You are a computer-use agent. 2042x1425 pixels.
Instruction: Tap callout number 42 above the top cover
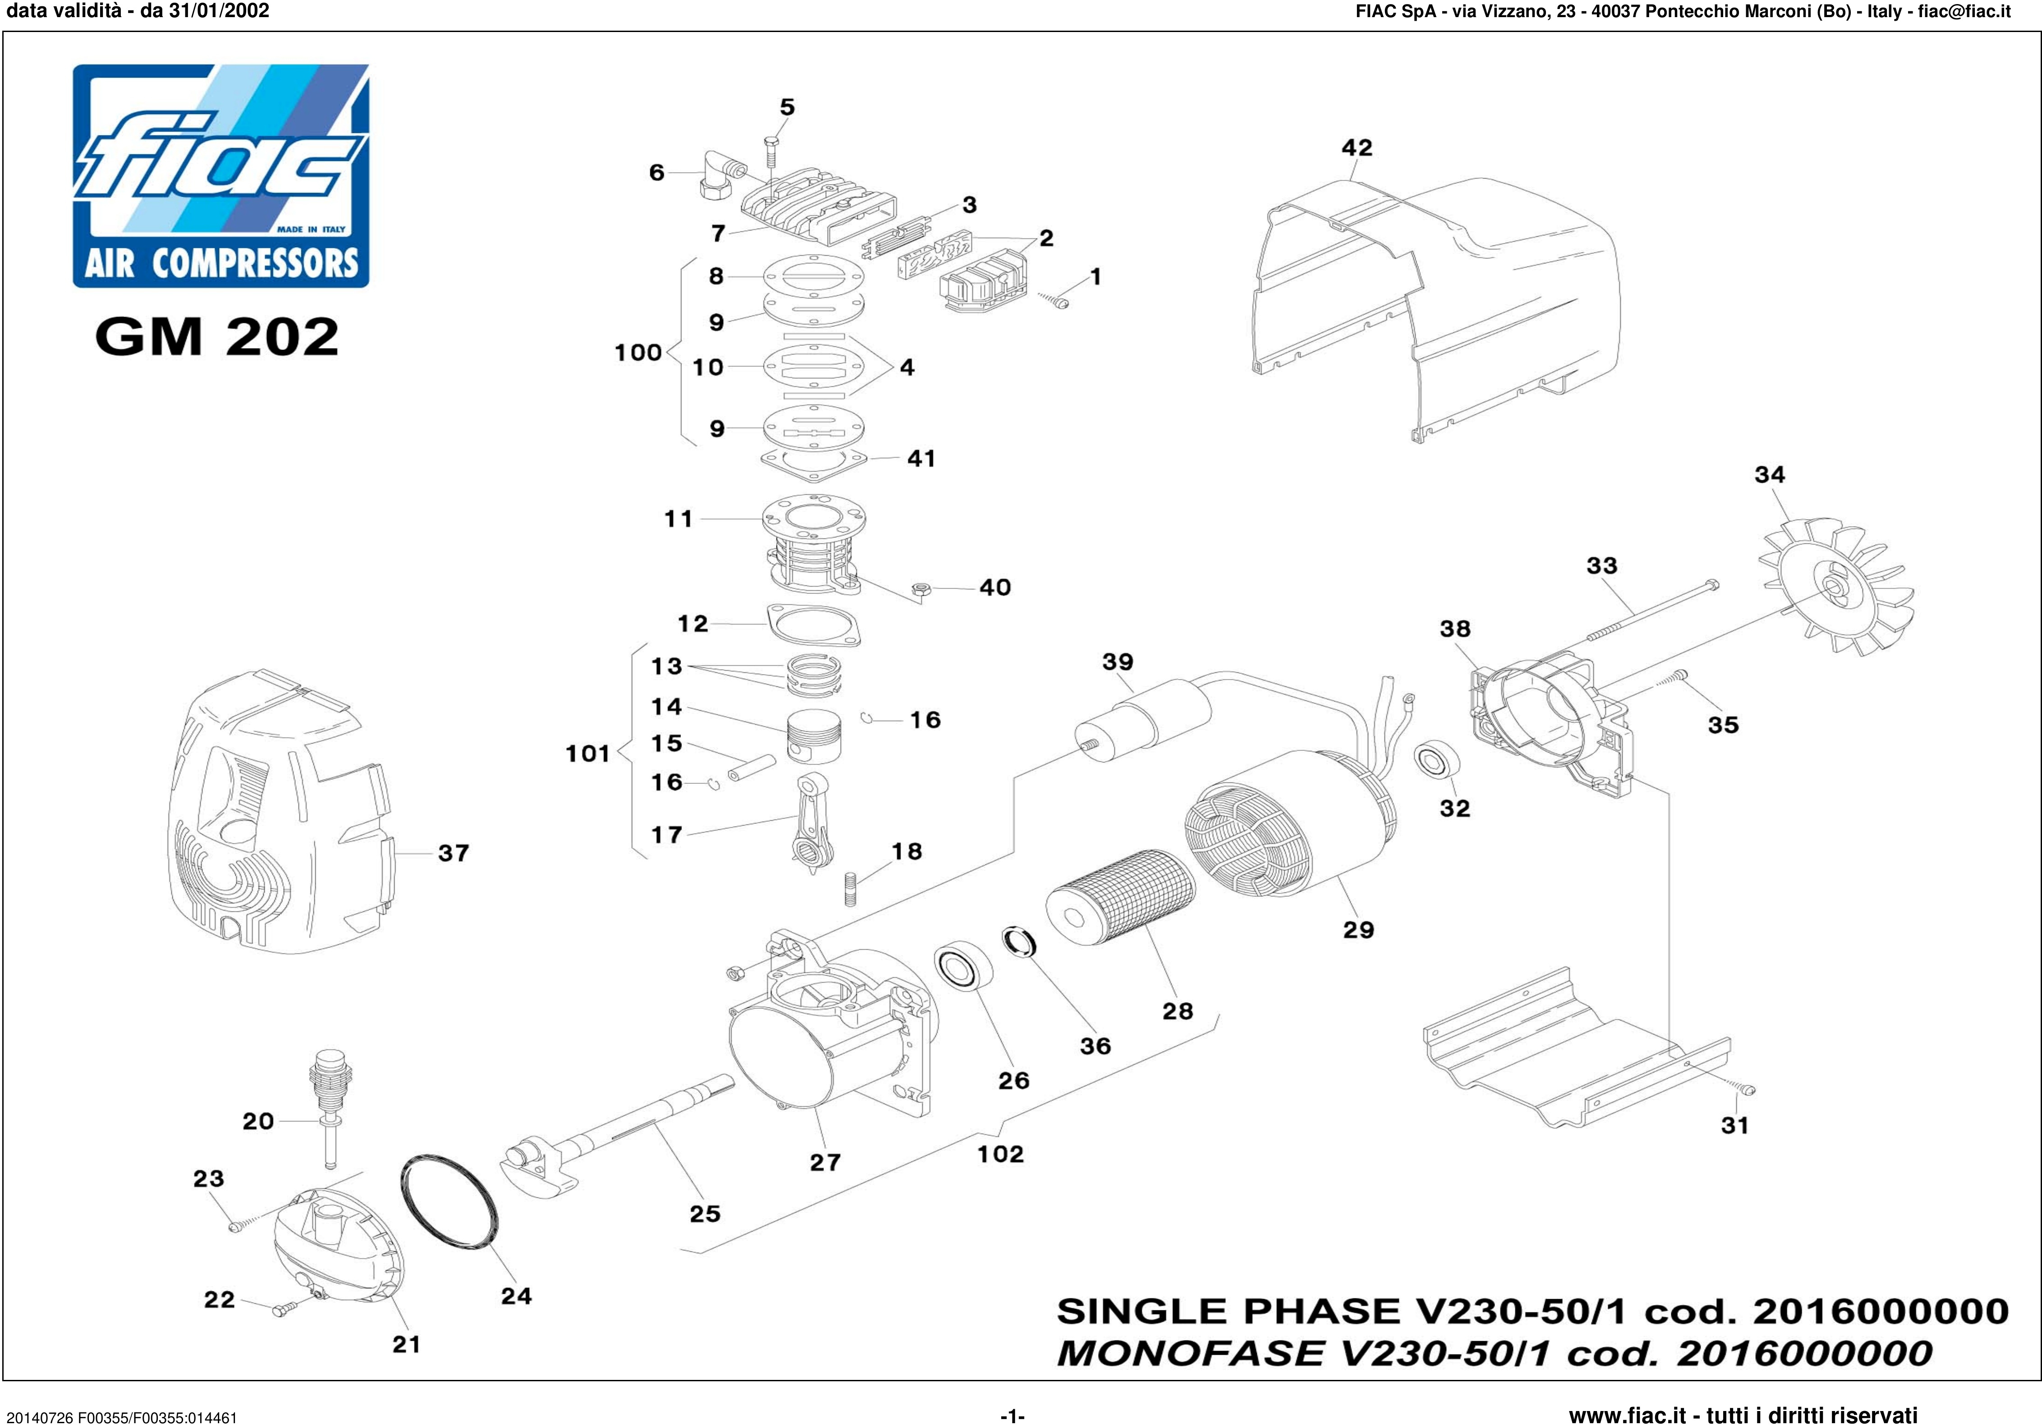coord(1356,147)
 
